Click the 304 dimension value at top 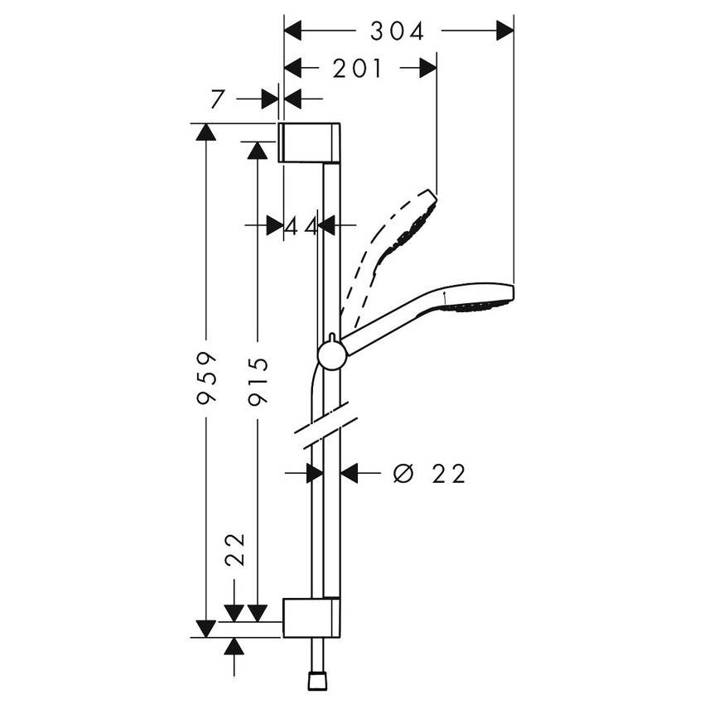coord(397,31)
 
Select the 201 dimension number coord(358,70)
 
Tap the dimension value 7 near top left coord(217,99)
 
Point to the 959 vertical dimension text coord(207,379)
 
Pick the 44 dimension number coord(301,225)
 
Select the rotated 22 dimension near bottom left coord(236,548)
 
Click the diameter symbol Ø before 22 coord(403,474)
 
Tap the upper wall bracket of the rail coord(308,142)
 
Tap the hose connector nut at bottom coord(316,681)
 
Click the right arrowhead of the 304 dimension coord(504,31)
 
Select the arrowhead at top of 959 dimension coord(205,133)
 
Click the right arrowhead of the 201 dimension coord(427,70)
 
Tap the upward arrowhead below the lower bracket coord(235,647)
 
